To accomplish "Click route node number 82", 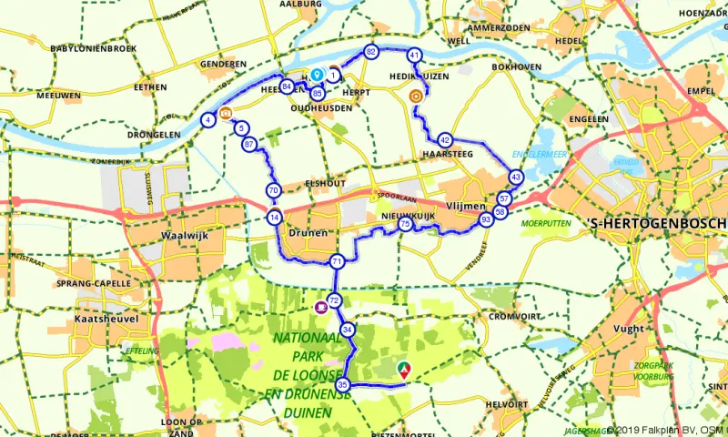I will [370, 52].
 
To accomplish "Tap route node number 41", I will [414, 56].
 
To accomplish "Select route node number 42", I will [444, 140].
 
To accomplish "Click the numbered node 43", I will [516, 177].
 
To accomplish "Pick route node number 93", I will [487, 219].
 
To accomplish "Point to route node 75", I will [405, 224].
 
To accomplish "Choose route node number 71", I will [337, 261].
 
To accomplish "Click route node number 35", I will [343, 384].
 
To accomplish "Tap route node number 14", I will [274, 218].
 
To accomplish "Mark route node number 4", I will [208, 119].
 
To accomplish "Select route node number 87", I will [248, 144].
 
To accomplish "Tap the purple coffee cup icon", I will [320, 308].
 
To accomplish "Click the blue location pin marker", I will [317, 75].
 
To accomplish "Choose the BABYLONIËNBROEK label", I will [94, 47].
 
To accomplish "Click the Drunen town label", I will [307, 233].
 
